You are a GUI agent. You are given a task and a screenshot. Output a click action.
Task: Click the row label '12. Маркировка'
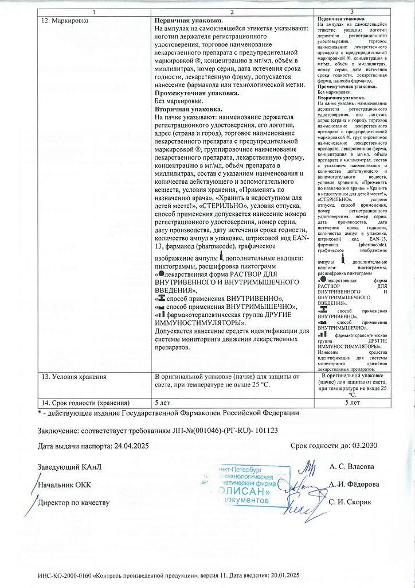tap(63, 20)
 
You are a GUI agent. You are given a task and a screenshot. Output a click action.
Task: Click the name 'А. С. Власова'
tap(352, 466)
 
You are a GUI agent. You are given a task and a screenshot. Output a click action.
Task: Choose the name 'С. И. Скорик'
tap(351, 502)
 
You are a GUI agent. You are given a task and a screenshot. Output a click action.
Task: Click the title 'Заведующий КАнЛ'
tap(69, 466)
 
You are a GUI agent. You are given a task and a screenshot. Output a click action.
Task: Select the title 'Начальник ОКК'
tap(64, 484)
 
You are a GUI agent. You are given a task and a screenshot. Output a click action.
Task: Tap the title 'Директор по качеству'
tap(73, 502)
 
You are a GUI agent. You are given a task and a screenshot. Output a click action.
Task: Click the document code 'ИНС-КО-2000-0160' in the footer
tap(64, 575)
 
